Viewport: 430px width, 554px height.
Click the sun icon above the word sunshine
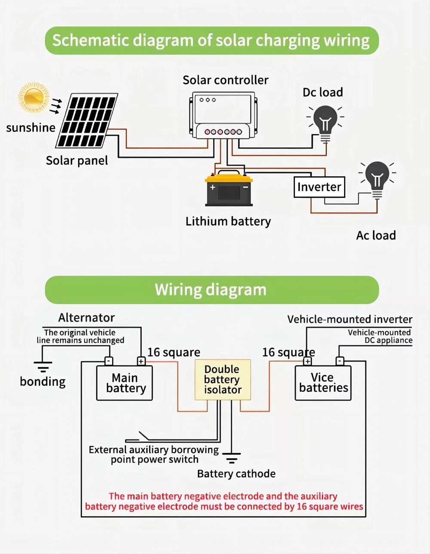click(x=33, y=98)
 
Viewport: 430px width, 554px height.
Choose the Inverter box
click(x=319, y=187)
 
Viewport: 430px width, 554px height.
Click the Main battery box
click(x=124, y=383)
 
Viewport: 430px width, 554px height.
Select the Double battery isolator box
click(x=222, y=380)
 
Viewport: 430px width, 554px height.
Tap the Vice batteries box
click(x=323, y=382)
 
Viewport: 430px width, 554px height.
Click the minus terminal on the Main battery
click(x=109, y=361)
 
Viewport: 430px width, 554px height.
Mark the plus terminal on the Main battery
click(x=141, y=361)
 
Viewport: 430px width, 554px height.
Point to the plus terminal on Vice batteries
click(x=307, y=361)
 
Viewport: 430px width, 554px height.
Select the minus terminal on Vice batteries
click(x=340, y=361)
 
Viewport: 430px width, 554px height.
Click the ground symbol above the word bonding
click(x=43, y=367)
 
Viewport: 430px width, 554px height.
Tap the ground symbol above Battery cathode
click(x=232, y=458)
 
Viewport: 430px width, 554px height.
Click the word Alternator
click(x=86, y=317)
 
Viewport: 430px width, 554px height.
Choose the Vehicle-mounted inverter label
click(x=350, y=319)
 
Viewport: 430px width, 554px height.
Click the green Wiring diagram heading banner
click(x=212, y=289)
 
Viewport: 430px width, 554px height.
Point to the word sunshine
click(x=31, y=127)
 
